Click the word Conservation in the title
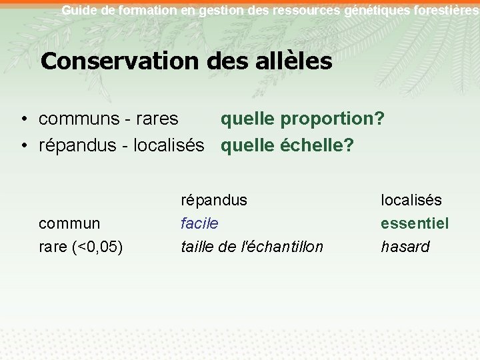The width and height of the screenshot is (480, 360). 119,61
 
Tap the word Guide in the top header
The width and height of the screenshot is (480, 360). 77,10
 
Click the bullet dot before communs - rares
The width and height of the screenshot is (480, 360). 23,120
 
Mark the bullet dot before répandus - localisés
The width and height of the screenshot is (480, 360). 23,145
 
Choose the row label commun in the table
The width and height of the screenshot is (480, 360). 69,223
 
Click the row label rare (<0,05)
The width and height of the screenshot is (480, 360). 81,247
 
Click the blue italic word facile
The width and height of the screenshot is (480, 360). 199,223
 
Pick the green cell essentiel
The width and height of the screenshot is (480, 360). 415,223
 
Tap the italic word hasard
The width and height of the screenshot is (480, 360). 405,247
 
